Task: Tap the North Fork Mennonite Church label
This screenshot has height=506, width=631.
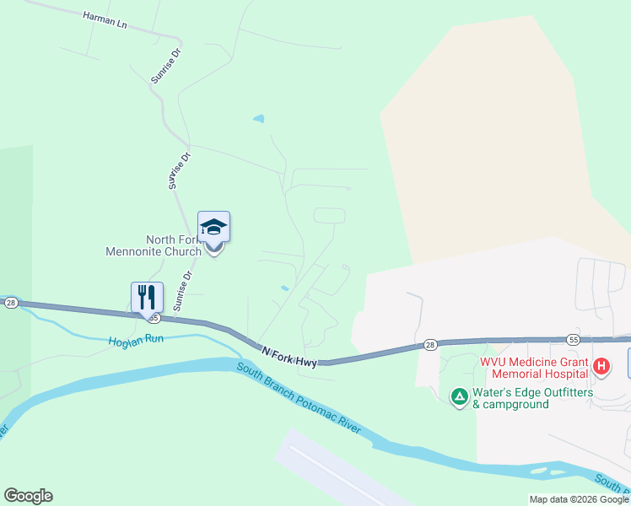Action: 152,245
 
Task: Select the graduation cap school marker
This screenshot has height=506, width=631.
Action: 213,228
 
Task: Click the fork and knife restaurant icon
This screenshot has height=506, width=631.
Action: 147,297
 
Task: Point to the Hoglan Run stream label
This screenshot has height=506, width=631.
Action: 135,342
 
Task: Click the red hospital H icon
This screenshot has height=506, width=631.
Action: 601,366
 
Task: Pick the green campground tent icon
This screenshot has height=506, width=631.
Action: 459,397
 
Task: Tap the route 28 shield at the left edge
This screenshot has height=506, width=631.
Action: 10,303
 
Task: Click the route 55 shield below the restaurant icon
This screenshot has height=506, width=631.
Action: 153,317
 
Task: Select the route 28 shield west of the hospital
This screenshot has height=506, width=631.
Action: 429,345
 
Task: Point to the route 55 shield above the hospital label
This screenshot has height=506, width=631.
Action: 574,339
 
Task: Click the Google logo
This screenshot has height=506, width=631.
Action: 28,496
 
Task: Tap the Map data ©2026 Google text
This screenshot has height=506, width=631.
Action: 579,499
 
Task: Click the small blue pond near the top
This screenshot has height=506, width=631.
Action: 259,119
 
